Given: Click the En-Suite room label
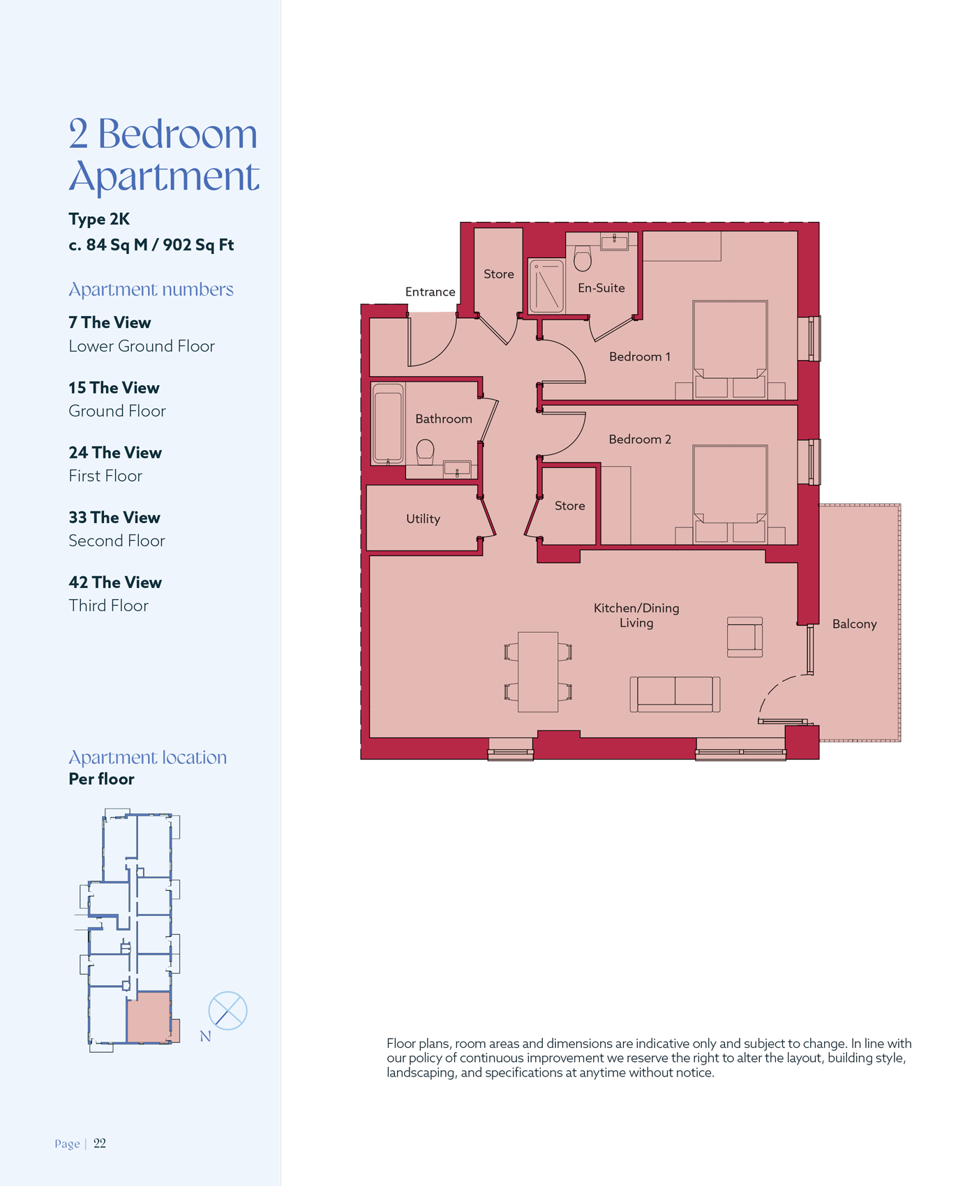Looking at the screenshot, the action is coord(601,287).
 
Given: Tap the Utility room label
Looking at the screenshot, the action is coord(423,518).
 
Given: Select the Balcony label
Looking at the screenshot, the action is coord(854,624).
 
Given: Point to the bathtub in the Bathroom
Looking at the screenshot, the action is coord(388,423).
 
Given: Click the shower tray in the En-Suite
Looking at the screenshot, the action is coord(546,286).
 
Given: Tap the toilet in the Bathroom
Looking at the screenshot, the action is coord(426,452).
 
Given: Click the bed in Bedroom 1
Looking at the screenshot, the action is coord(730,350).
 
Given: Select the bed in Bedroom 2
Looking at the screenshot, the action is coord(730,494).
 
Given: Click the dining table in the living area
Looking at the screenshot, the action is coord(538,672).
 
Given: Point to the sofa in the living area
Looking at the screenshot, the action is coord(675,694).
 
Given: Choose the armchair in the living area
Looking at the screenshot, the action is coord(744,637).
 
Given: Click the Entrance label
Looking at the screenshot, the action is coord(430,292).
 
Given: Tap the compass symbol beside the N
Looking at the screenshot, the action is coord(227,1010).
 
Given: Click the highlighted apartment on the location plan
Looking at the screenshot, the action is coord(149,1017).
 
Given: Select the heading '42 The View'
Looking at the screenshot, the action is coord(115,582).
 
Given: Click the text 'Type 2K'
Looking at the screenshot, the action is coord(99,219).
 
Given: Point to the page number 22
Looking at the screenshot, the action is coord(100,1143).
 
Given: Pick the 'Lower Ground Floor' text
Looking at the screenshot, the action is coord(142,346).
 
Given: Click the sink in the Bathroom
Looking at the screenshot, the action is coord(457,469).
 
